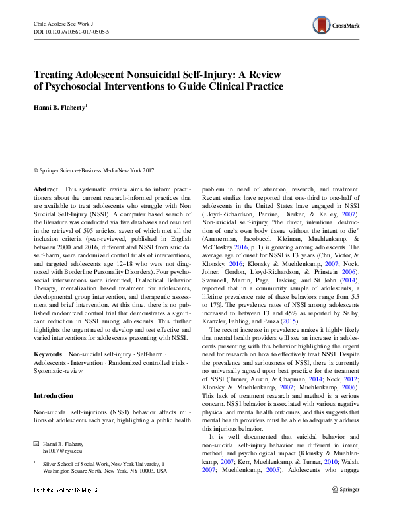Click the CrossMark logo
pyautogui.click(x=336, y=27)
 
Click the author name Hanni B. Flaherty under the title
pyautogui.click(x=62, y=107)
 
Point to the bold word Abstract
pyautogui.click(x=46, y=189)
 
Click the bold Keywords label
pyautogui.click(x=49, y=354)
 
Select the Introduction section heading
pyautogui.click(x=54, y=395)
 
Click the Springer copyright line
pyautogui.click(x=95, y=170)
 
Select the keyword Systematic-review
pyautogui.click(x=60, y=372)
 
